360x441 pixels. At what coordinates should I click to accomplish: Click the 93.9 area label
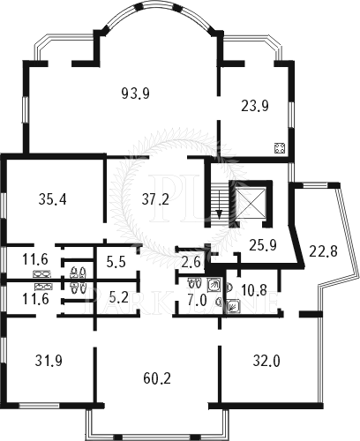pyautogui.click(x=136, y=93)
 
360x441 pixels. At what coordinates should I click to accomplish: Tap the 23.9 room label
pyautogui.click(x=255, y=106)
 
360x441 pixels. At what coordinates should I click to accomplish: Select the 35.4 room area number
pyautogui.click(x=53, y=199)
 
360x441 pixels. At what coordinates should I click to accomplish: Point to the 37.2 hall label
pyautogui.click(x=155, y=199)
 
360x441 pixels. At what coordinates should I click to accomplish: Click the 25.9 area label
pyautogui.click(x=263, y=245)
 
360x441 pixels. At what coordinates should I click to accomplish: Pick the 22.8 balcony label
pyautogui.click(x=323, y=251)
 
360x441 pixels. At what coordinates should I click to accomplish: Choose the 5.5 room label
pyautogui.click(x=116, y=262)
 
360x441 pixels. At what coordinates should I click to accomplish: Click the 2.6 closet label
pyautogui.click(x=191, y=261)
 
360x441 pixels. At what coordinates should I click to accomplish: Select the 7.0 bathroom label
pyautogui.click(x=198, y=301)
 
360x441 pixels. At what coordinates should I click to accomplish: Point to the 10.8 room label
pyautogui.click(x=254, y=290)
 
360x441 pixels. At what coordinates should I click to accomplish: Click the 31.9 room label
pyautogui.click(x=49, y=361)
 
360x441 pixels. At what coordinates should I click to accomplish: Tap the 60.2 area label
pyautogui.click(x=157, y=378)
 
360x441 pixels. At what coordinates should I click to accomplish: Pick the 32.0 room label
pyautogui.click(x=266, y=362)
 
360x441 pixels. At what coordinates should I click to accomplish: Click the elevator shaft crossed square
pyautogui.click(x=251, y=203)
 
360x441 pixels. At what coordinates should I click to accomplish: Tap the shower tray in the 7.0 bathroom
pyautogui.click(x=213, y=284)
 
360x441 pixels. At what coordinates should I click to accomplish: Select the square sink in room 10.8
pyautogui.click(x=234, y=306)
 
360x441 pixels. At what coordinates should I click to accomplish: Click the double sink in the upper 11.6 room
pyautogui.click(x=41, y=274)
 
